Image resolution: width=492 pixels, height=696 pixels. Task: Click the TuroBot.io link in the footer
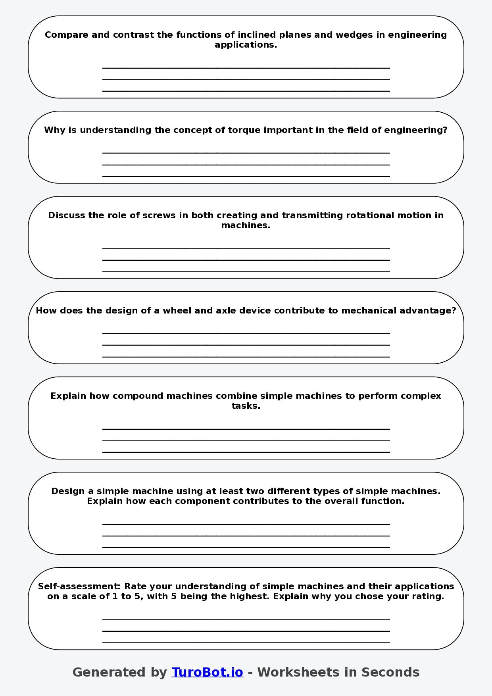click(x=207, y=672)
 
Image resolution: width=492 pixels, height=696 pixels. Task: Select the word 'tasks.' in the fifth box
click(x=246, y=406)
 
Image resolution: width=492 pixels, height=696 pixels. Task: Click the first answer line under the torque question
click(x=246, y=152)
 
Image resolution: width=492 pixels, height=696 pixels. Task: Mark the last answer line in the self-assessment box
click(x=246, y=642)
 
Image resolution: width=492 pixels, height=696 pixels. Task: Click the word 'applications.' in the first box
click(x=246, y=45)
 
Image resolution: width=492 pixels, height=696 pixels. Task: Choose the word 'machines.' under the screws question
click(x=246, y=225)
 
